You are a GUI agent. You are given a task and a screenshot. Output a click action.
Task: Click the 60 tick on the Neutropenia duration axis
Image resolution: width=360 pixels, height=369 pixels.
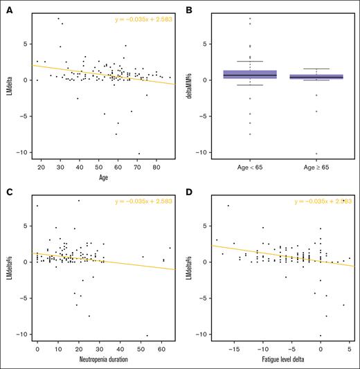tap(163, 351)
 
